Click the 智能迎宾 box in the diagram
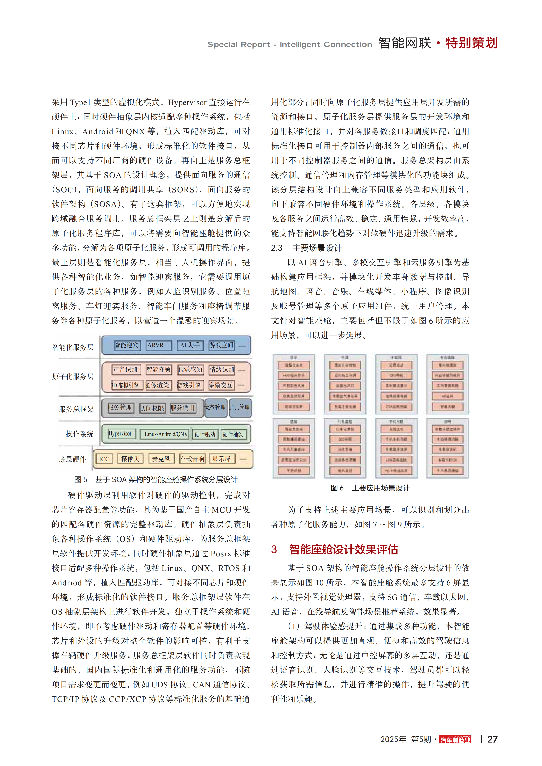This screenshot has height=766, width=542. pyautogui.click(x=127, y=345)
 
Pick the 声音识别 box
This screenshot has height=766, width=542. pyautogui.click(x=126, y=369)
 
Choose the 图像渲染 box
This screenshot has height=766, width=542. pyautogui.click(x=158, y=385)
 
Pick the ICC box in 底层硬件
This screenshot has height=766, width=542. pyautogui.click(x=104, y=459)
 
